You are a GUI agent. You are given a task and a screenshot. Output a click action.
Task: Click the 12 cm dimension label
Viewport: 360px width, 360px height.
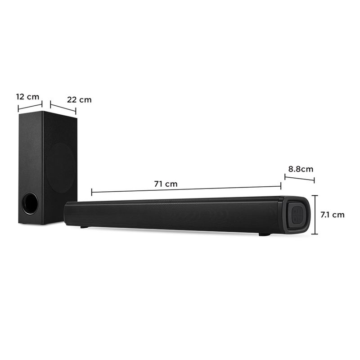click(x=28, y=97)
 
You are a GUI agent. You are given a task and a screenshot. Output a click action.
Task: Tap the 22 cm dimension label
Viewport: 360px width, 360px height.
click(x=79, y=99)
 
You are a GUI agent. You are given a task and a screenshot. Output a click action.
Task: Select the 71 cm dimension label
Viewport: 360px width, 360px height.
click(x=166, y=184)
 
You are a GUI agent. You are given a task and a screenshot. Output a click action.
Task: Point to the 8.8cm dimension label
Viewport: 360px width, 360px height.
click(x=301, y=169)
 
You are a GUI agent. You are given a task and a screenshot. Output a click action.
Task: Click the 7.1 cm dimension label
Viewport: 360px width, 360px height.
click(x=333, y=215)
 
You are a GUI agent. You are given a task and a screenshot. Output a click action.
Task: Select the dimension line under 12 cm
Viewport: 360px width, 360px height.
click(x=30, y=107)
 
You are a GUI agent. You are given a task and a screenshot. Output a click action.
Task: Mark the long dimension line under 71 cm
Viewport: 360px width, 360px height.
click(x=186, y=189)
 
